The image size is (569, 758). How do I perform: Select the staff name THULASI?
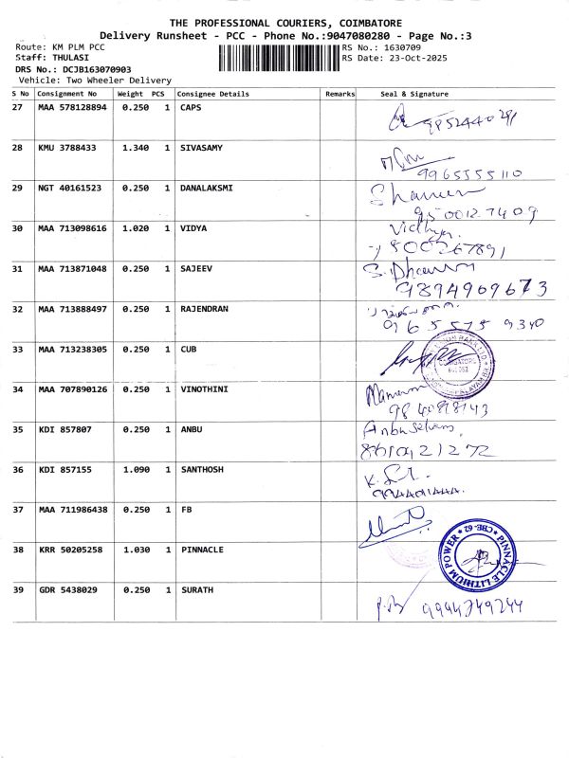[58, 58]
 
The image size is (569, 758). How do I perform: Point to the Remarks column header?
[340, 94]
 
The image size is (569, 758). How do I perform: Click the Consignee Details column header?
[214, 94]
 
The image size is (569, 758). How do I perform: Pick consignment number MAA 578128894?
[72, 108]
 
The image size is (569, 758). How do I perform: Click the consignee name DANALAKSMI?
[206, 188]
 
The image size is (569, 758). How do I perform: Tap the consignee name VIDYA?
[193, 228]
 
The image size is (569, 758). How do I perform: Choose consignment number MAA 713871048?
[72, 269]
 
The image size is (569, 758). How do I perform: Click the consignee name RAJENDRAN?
[205, 309]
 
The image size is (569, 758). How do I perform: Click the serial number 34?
[17, 389]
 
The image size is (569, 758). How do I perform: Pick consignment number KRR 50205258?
[72, 550]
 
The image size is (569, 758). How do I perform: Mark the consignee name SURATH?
[196, 590]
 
